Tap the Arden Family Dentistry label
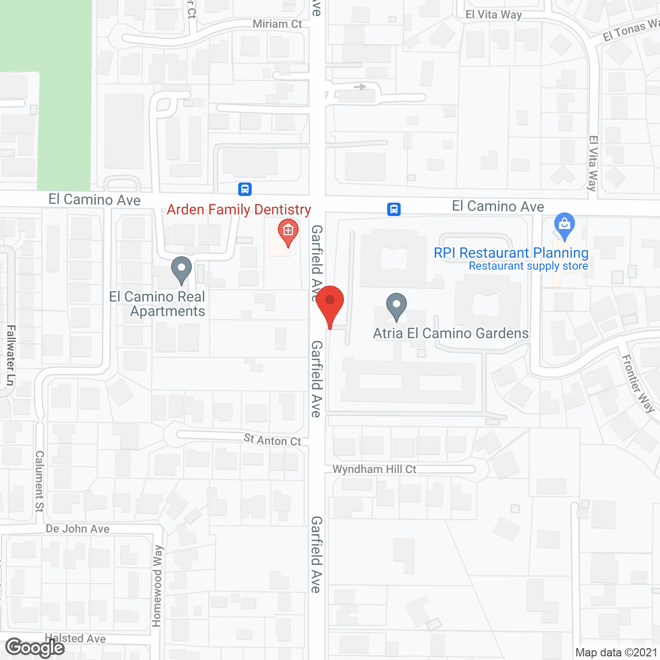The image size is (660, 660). point(239,210)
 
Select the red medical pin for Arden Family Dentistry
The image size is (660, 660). point(288,232)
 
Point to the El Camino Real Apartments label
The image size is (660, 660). point(158,304)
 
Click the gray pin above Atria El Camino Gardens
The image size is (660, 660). point(396,305)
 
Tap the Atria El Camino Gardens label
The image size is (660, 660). point(451,334)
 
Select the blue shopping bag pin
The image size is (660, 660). point(565,225)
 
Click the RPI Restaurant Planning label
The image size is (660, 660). point(511,253)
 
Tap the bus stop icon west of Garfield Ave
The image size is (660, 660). point(245,189)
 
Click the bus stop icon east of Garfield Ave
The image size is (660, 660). point(394,209)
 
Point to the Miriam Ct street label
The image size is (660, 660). point(277,24)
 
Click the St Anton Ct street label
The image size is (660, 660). point(272,440)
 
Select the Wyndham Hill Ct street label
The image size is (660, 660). point(374,469)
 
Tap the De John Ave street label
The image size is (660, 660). point(78,529)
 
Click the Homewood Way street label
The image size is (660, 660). point(157,586)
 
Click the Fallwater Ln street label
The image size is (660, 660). point(11,355)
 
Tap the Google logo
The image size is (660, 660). point(35,648)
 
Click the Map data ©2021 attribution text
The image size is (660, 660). point(616,653)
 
